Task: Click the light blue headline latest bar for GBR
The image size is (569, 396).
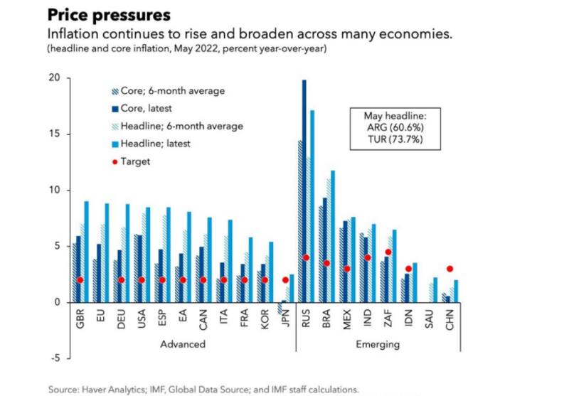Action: [x=86, y=252]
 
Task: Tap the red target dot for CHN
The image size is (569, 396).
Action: [x=450, y=269]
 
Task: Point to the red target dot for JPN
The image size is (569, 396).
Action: [x=285, y=279]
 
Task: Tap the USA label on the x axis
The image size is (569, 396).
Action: [x=142, y=317]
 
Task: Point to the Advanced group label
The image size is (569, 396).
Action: [x=183, y=344]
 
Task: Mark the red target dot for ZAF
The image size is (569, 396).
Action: [x=388, y=252]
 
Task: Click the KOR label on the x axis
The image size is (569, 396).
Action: [x=265, y=317]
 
